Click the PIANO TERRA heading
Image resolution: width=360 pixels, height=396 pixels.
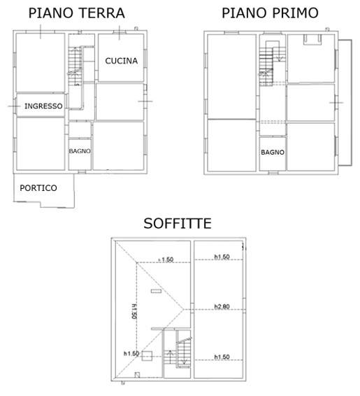[77, 13]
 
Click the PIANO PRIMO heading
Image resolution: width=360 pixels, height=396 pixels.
[270, 13]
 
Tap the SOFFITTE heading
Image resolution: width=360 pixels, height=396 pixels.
[178, 223]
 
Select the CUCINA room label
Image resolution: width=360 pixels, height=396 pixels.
[122, 61]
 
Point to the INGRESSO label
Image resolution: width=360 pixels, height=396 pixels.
[43, 106]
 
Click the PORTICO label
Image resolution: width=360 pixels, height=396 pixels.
[38, 188]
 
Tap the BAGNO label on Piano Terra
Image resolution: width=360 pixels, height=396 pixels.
[80, 151]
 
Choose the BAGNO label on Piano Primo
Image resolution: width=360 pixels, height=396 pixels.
[273, 153]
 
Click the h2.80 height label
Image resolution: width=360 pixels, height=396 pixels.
[222, 306]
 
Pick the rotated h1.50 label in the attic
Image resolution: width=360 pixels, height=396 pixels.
[135, 311]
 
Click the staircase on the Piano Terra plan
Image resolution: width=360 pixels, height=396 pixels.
[75, 66]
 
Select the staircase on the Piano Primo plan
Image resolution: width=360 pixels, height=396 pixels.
[266, 67]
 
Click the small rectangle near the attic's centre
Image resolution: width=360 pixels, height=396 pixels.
[156, 291]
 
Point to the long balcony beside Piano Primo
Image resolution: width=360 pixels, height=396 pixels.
[345, 103]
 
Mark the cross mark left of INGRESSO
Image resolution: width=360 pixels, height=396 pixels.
[14, 106]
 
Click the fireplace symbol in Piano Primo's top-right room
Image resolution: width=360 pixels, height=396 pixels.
[312, 40]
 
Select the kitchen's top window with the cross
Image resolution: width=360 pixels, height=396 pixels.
[120, 32]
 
